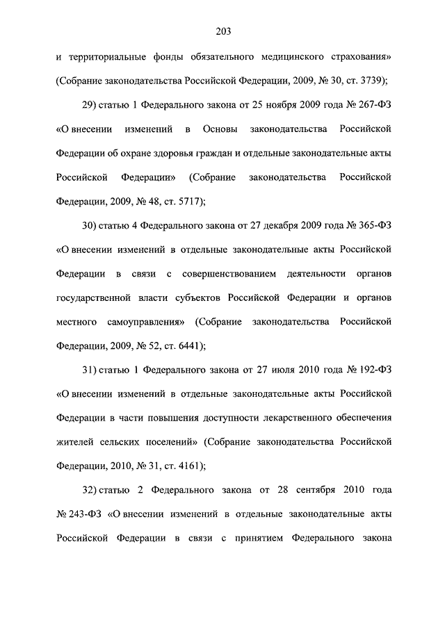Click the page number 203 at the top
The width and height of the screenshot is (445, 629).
[222, 31]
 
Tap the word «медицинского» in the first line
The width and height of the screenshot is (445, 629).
[290, 57]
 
